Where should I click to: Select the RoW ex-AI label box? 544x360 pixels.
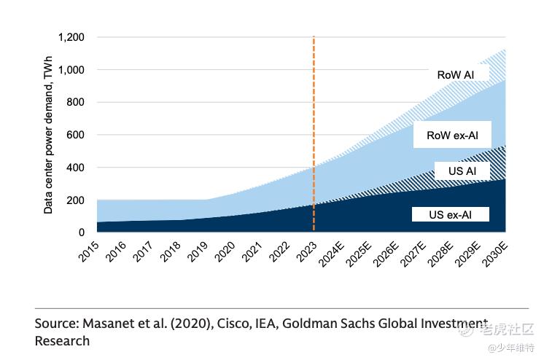(x=451, y=135)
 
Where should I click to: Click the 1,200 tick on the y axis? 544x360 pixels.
(x=72, y=37)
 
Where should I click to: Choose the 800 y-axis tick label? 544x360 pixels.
(x=77, y=103)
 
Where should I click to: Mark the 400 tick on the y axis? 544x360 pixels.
(x=77, y=168)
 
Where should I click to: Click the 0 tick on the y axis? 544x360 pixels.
(x=82, y=232)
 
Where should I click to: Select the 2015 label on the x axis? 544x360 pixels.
(x=90, y=254)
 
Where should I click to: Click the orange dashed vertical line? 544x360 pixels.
(x=314, y=109)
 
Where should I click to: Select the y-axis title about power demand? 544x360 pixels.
(x=48, y=135)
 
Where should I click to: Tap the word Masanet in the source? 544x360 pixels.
(x=108, y=324)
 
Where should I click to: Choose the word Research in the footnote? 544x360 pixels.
(x=62, y=341)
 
